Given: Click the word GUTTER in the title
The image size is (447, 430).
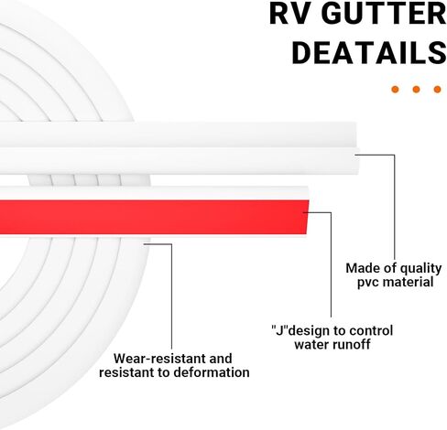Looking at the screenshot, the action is pyautogui.click(x=384, y=14).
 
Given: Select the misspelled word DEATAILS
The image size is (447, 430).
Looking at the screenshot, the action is pyautogui.click(x=369, y=52).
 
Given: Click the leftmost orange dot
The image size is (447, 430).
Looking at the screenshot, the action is pyautogui.click(x=395, y=90).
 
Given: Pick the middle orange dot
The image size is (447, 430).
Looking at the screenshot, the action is pyautogui.click(x=416, y=90).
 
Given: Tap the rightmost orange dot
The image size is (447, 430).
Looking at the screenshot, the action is pyautogui.click(x=437, y=90).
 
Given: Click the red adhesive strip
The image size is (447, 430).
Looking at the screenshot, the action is pyautogui.click(x=153, y=217).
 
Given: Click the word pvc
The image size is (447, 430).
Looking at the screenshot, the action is pyautogui.click(x=368, y=282).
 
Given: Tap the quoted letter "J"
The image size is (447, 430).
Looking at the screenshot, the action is pyautogui.click(x=279, y=330).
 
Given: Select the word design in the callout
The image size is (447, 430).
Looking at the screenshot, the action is pyautogui.click(x=306, y=331).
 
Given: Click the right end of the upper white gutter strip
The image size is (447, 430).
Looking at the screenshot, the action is pyautogui.click(x=357, y=148).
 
